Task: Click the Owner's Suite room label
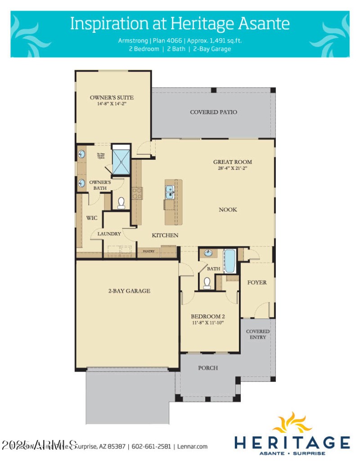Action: pyautogui.click(x=112, y=97)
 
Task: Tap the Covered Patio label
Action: pyautogui.click(x=213, y=112)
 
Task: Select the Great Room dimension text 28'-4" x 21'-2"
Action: pyautogui.click(x=232, y=169)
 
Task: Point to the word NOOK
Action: pyautogui.click(x=228, y=210)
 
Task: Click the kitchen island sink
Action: pyautogui.click(x=170, y=192)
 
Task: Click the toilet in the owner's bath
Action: pyautogui.click(x=121, y=204)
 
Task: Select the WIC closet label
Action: pyautogui.click(x=92, y=218)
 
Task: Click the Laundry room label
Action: pyautogui.click(x=109, y=234)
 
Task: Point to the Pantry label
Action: pyautogui.click(x=148, y=251)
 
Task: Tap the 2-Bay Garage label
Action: pyautogui.click(x=129, y=291)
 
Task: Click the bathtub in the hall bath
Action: pyautogui.click(x=229, y=261)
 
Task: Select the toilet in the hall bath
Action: pyautogui.click(x=207, y=282)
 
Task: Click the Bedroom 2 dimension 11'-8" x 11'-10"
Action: pyautogui.click(x=207, y=323)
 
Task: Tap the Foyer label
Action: pyautogui.click(x=257, y=282)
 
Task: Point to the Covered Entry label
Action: pyautogui.click(x=258, y=334)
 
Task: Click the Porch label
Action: pyautogui.click(x=208, y=368)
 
